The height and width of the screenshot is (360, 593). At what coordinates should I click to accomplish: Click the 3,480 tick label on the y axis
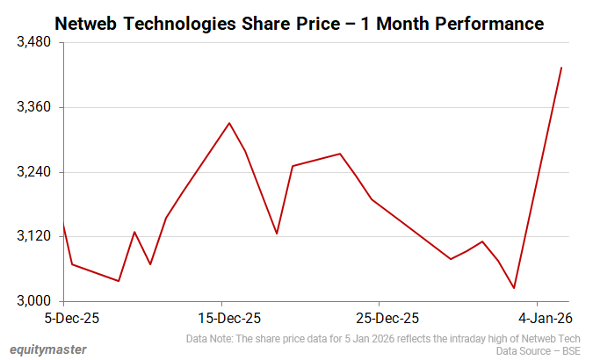[x=33, y=42]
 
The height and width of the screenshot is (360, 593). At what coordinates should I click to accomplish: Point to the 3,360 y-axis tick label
[x=33, y=107]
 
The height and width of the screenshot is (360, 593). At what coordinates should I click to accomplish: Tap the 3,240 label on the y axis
[x=33, y=172]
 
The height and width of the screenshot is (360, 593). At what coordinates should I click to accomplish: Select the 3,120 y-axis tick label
[x=33, y=236]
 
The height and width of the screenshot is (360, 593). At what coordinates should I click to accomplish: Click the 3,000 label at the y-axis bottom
[x=33, y=301]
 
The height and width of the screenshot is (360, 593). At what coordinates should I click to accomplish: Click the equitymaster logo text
[x=48, y=349]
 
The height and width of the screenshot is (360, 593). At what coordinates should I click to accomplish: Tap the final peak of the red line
[x=561, y=68]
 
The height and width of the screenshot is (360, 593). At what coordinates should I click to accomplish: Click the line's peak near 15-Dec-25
[x=229, y=123]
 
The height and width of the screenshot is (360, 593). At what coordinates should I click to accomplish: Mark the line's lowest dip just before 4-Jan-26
[x=514, y=288]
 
